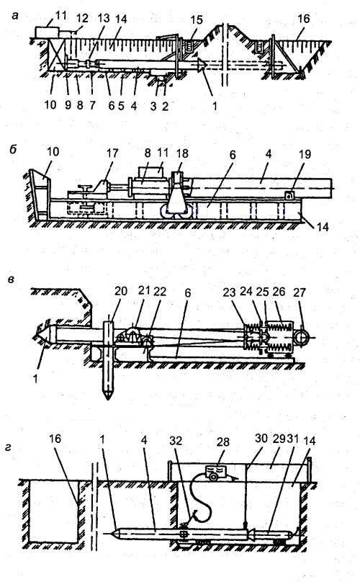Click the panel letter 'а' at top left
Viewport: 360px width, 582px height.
tap(15, 16)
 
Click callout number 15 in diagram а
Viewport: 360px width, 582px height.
tap(197, 19)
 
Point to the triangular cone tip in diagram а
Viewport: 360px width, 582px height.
tap(202, 65)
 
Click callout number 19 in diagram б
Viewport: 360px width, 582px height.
tap(305, 154)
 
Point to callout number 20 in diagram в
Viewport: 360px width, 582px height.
tap(121, 291)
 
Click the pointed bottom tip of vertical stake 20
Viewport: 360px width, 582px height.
tap(107, 399)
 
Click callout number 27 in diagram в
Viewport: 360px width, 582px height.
tap(299, 293)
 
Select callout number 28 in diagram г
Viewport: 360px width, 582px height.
tap(223, 442)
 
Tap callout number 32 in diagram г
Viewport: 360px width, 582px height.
tap(176, 440)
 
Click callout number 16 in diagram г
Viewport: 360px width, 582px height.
tap(55, 439)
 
